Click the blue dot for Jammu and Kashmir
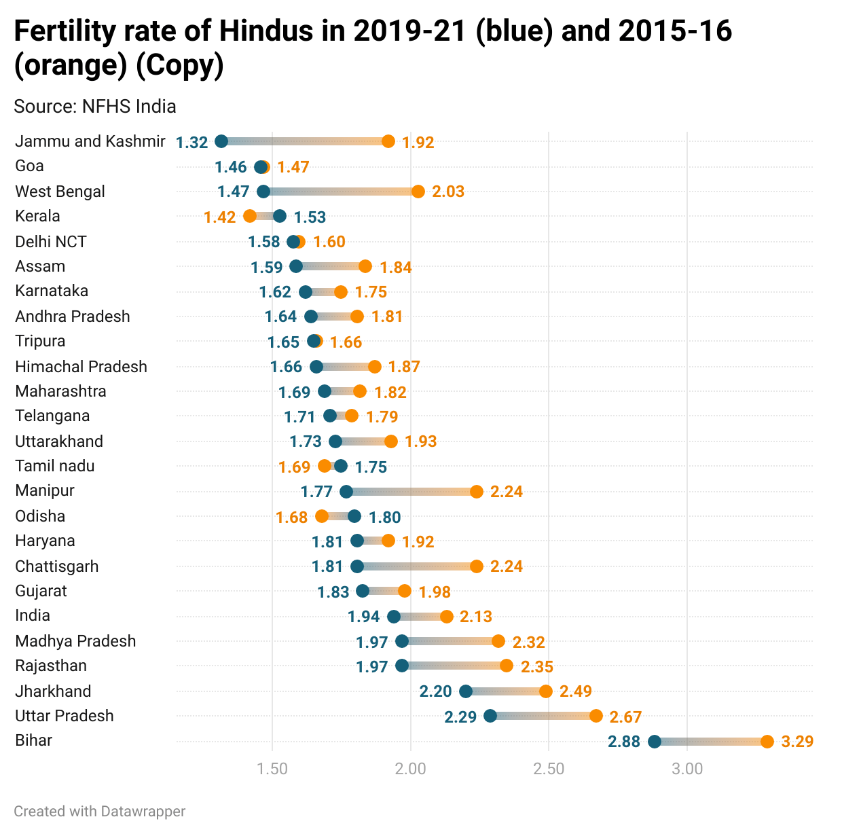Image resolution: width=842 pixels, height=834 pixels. (x=221, y=141)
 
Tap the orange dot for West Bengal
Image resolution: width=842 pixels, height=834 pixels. (x=418, y=192)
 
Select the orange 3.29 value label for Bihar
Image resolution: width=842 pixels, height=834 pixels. (x=797, y=742)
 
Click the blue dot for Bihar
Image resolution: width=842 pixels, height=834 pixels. (x=655, y=742)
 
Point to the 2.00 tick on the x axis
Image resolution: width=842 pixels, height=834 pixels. (x=411, y=769)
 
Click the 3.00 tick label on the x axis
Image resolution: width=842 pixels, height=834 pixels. (x=687, y=769)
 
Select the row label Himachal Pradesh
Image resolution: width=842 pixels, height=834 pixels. (x=81, y=367)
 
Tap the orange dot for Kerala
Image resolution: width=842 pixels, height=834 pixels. (x=250, y=216)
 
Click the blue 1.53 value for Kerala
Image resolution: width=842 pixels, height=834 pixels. (x=310, y=217)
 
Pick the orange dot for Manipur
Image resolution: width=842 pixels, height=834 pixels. (x=477, y=492)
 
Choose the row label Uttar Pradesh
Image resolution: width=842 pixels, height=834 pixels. (x=65, y=716)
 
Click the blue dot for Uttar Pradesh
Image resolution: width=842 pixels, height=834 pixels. (x=490, y=716)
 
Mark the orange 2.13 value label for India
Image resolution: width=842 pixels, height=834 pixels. (x=475, y=617)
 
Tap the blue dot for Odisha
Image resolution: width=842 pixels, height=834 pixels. (x=354, y=516)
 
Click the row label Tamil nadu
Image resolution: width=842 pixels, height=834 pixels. (x=55, y=466)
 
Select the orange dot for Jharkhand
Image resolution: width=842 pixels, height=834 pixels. (x=546, y=691)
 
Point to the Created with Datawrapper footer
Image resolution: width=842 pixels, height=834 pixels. (x=99, y=812)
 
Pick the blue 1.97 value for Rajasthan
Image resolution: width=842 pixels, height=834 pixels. (x=372, y=667)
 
